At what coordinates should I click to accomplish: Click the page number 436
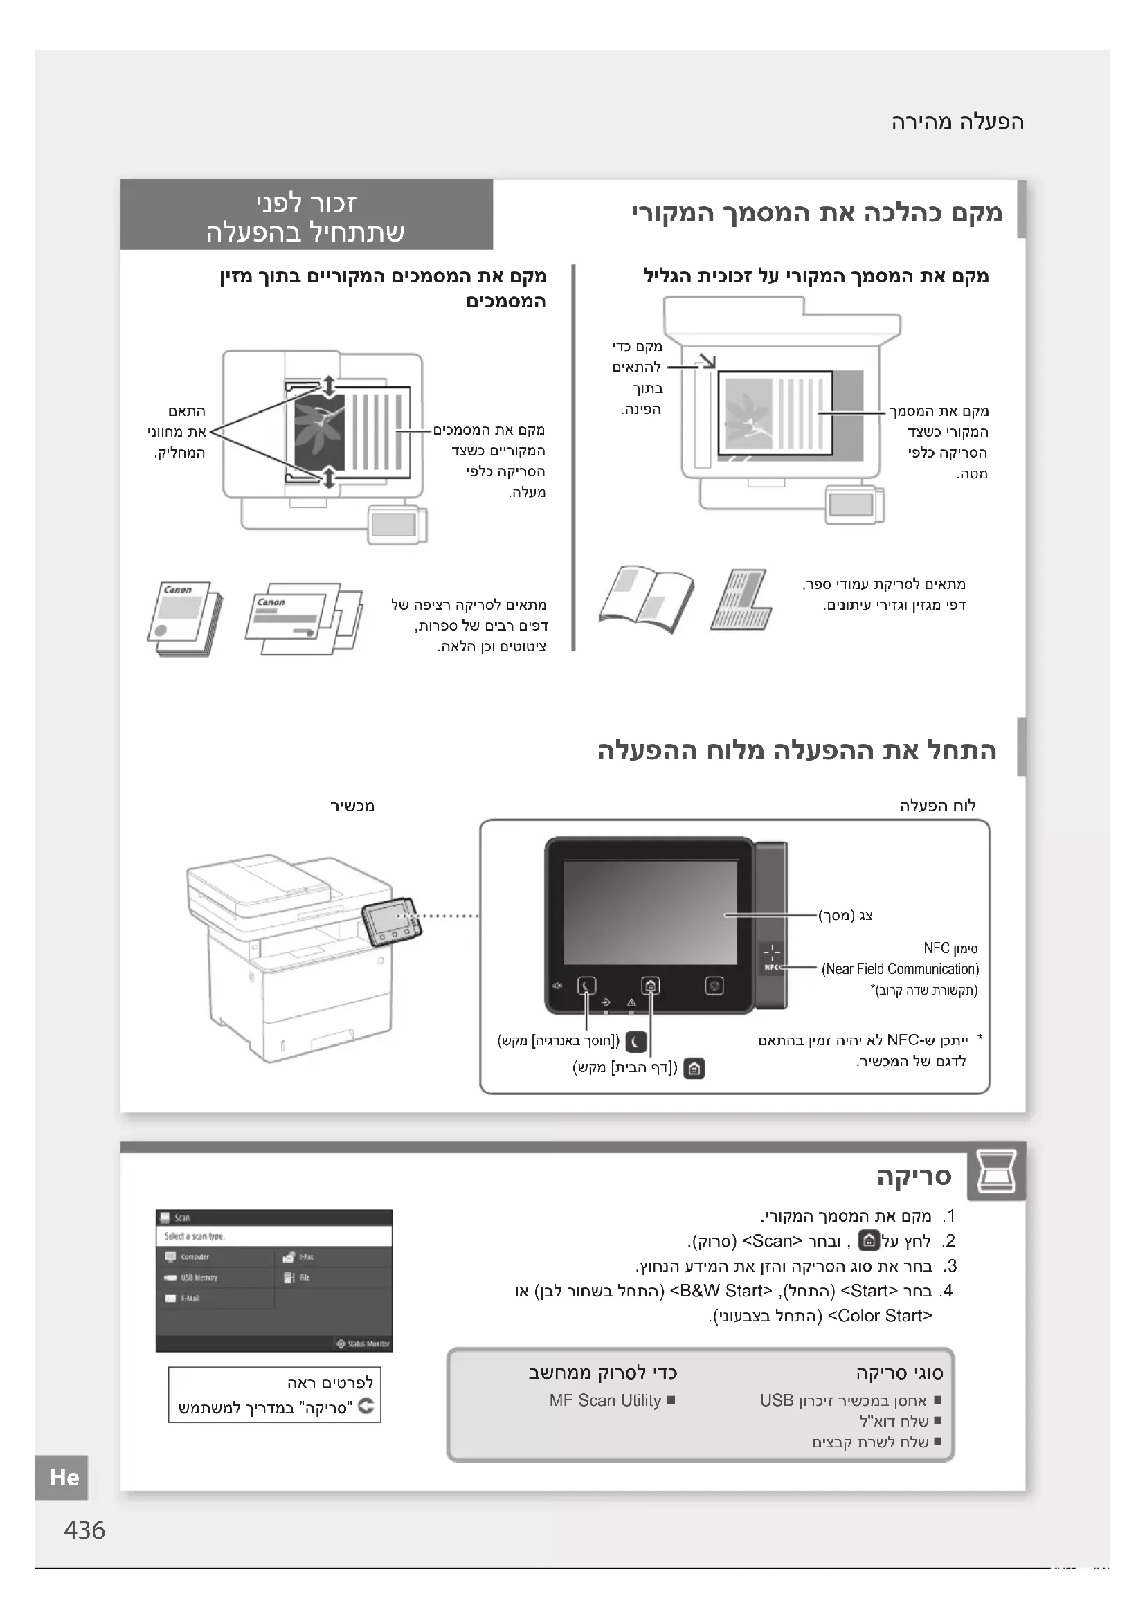84,1530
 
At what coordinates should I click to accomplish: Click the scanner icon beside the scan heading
995,1174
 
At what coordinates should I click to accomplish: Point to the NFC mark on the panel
771,958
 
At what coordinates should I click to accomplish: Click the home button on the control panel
650,985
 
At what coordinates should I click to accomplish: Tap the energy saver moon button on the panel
586,985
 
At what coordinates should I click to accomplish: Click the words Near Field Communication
901,969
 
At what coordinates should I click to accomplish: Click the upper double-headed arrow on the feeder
329,386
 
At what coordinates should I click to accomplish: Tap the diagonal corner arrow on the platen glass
707,362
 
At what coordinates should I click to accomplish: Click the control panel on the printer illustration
391,921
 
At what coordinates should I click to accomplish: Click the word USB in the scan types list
776,1400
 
